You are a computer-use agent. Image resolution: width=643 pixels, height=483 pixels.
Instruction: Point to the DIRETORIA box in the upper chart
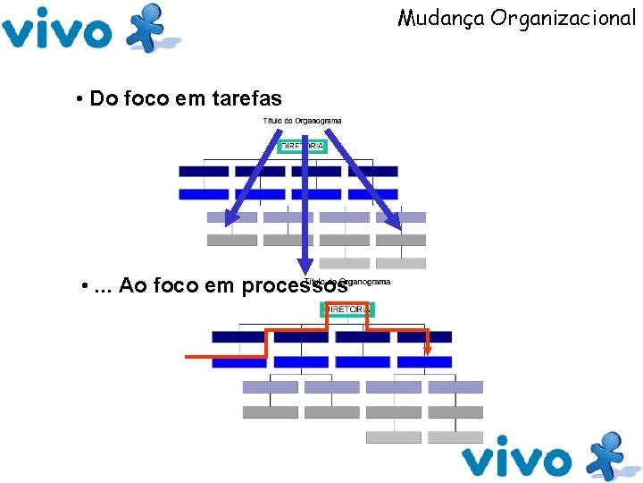click(303, 146)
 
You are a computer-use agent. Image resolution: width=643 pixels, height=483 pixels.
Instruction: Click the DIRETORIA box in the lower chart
click(347, 309)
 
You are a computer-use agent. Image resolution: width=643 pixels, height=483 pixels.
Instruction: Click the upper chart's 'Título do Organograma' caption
click(302, 121)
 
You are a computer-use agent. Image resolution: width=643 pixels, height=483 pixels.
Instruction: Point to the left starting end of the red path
click(188, 357)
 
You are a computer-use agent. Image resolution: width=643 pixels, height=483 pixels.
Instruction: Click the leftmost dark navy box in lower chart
click(238, 337)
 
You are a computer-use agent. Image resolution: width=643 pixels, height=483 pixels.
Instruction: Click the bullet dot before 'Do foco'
click(80, 98)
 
